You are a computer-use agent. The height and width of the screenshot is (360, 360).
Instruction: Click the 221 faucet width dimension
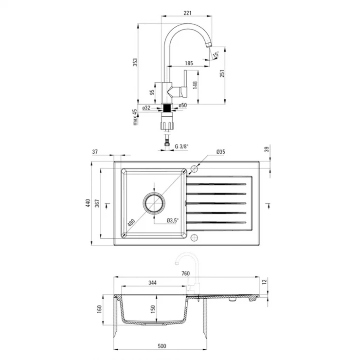[x=187, y=13]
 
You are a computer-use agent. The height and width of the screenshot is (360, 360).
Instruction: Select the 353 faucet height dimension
[x=135, y=62]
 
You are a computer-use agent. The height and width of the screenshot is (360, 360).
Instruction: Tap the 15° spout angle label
[x=216, y=54]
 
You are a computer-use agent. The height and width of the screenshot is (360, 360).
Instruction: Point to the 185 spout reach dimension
[x=189, y=63]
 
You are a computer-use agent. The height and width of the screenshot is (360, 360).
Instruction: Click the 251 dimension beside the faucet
[x=222, y=73]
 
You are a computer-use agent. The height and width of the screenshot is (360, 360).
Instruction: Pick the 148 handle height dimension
[x=195, y=85]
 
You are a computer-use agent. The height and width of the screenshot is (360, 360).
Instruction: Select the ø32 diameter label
[x=146, y=108]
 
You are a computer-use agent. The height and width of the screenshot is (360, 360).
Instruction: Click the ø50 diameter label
[x=183, y=105]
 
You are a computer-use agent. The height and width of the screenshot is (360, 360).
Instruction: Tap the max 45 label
[x=135, y=117]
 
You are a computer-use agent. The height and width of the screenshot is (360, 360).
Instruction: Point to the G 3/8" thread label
[x=181, y=146]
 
